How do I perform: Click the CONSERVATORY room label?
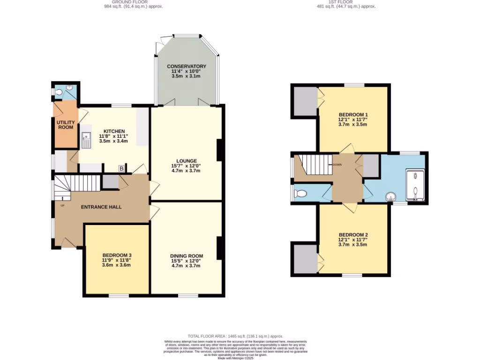(x=187, y=67)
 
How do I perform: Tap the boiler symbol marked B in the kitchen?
(x=121, y=168)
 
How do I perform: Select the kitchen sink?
(x=87, y=140)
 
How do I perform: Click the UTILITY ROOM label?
(x=65, y=125)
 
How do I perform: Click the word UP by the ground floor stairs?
(x=62, y=205)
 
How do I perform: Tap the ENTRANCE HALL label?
(x=102, y=207)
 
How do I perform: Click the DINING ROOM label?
(x=186, y=256)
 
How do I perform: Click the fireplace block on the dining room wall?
(x=219, y=248)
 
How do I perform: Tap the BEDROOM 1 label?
(x=353, y=114)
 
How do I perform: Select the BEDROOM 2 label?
(x=353, y=234)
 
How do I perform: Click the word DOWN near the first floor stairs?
(x=337, y=165)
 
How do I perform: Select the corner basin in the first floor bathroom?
(x=390, y=197)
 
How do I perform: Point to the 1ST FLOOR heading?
(x=346, y=2)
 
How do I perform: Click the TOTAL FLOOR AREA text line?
(x=236, y=337)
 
